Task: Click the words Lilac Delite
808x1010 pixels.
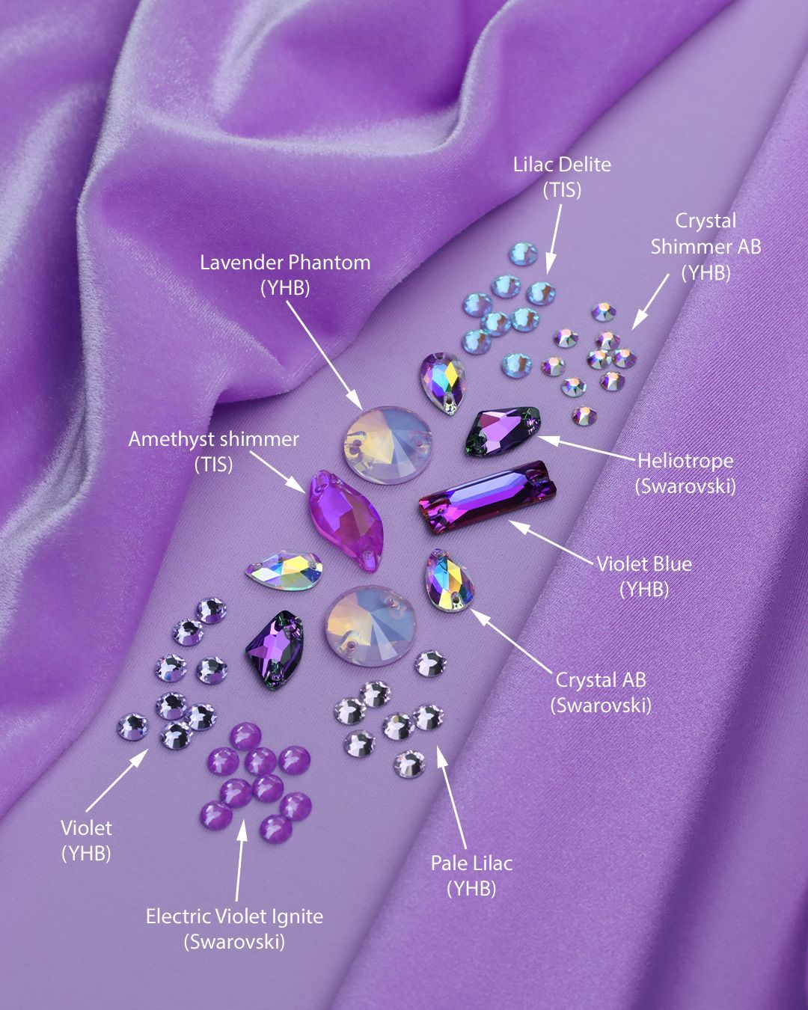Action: (562, 165)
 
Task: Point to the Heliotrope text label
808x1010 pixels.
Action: (685, 461)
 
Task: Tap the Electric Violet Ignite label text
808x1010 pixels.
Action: (234, 916)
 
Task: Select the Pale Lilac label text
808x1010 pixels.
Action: (471, 863)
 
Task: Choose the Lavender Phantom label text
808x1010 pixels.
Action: (285, 263)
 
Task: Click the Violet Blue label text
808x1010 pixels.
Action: (644, 563)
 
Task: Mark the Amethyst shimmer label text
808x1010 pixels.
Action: (213, 438)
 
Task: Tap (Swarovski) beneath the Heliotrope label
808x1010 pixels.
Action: (685, 486)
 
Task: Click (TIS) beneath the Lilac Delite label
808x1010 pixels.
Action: (562, 190)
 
